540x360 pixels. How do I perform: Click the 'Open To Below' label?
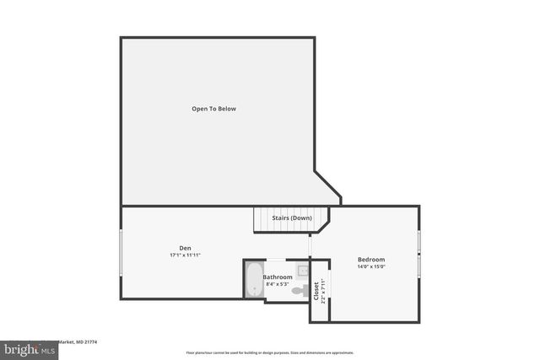coord(213,109)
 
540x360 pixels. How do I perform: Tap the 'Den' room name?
coord(185,247)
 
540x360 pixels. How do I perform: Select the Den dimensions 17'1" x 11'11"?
coord(185,255)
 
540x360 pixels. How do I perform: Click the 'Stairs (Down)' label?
coord(292,218)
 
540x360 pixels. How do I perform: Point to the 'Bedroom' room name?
coord(371,259)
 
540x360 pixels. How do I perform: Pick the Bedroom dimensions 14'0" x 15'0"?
coord(371,266)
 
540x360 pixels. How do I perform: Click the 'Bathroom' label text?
coord(278,277)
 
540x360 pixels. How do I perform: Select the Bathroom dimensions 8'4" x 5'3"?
coord(278,284)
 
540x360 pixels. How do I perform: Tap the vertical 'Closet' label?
coord(316,292)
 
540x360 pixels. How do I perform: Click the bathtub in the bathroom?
coord(253,280)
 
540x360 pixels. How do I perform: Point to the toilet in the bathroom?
coord(304,291)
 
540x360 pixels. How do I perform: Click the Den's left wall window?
coord(121,252)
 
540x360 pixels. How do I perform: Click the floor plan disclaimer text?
coord(270,352)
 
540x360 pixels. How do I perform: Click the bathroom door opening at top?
coord(276,260)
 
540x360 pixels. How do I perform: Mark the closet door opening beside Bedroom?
coord(328,292)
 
